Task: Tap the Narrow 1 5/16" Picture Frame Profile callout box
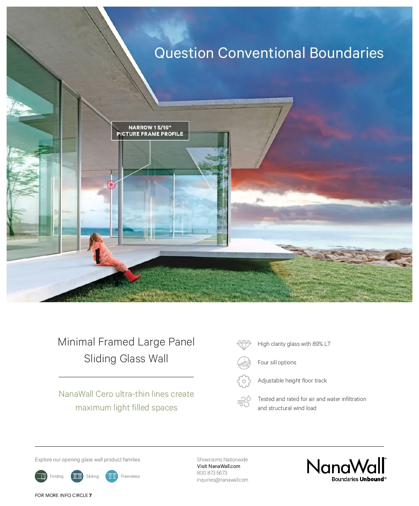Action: click(x=150, y=131)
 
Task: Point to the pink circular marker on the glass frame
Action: click(x=111, y=185)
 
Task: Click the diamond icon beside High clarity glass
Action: click(x=244, y=345)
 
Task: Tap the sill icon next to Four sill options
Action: click(x=244, y=363)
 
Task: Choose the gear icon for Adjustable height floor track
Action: click(x=244, y=381)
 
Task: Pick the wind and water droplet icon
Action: click(x=244, y=402)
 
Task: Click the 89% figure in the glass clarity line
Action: click(x=318, y=344)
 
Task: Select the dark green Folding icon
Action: click(x=41, y=476)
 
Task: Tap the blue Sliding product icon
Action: click(x=77, y=476)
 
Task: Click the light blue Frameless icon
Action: click(x=112, y=476)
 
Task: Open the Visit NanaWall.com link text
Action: click(x=219, y=466)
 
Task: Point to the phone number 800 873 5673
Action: click(x=212, y=473)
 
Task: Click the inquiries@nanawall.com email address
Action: click(x=222, y=480)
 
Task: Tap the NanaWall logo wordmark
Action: click(x=346, y=466)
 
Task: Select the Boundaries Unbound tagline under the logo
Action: click(x=359, y=479)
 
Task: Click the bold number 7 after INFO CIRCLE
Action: click(x=90, y=496)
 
